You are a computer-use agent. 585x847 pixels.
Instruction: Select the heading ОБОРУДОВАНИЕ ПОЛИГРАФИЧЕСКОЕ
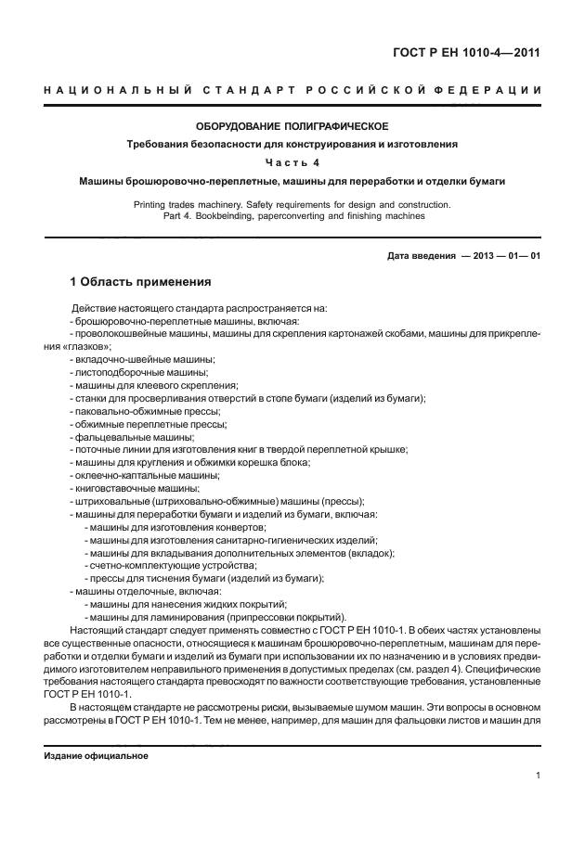tap(292, 125)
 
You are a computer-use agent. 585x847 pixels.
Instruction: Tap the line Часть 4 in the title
tap(292, 161)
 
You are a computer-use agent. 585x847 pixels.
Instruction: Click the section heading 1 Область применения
tap(141, 281)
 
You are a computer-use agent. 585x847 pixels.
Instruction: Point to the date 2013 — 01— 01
tap(501, 255)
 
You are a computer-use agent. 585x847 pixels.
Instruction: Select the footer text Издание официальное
tap(96, 755)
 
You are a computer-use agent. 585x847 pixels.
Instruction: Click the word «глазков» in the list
tap(86, 346)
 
